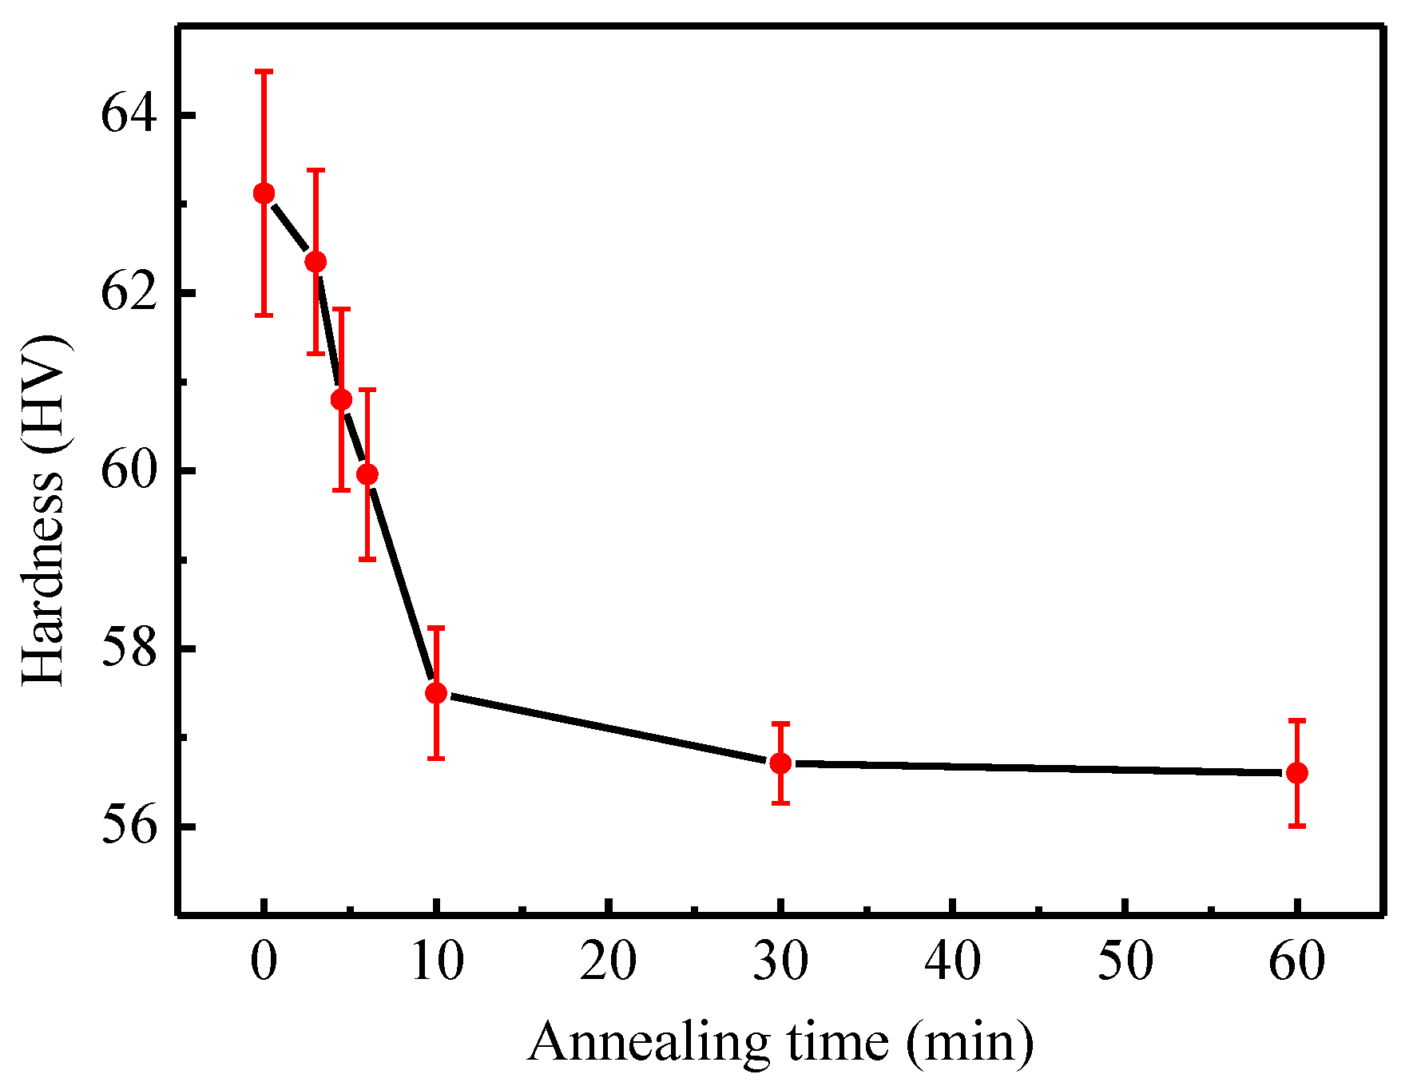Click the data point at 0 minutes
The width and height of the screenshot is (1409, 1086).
(264, 193)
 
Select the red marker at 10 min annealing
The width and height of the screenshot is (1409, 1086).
(435, 692)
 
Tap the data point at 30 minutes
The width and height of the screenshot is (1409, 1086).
(780, 763)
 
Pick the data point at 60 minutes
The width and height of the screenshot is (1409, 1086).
(1297, 773)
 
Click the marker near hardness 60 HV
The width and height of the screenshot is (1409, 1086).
(367, 474)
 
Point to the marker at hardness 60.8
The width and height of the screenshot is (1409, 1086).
(341, 399)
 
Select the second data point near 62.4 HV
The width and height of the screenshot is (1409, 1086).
(316, 261)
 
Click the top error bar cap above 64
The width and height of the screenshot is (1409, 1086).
(264, 72)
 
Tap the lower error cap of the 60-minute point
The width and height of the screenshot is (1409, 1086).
(1297, 826)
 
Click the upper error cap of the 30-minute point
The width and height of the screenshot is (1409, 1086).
(780, 723)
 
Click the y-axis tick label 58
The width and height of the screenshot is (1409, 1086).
(126, 649)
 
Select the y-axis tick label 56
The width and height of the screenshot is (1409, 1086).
(126, 827)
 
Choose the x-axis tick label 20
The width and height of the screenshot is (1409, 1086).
(608, 961)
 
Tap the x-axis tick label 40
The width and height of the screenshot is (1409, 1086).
(952, 961)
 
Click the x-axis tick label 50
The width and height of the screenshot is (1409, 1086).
(1125, 961)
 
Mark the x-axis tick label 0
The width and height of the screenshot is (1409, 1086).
(264, 961)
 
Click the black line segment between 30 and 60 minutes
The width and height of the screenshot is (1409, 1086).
(1038, 768)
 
